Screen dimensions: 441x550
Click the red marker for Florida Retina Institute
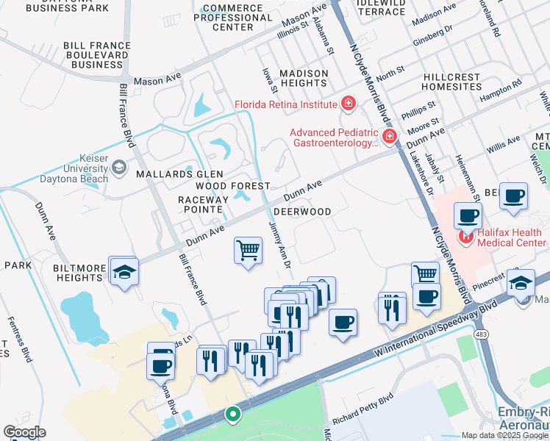(x=347, y=104)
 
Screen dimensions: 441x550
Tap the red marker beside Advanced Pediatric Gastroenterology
(x=389, y=136)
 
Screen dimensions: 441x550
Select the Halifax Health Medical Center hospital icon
(x=464, y=236)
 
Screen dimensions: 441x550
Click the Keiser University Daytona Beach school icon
(x=118, y=167)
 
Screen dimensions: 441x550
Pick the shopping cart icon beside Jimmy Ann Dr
(x=249, y=250)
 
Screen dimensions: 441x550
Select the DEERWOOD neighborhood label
(x=301, y=212)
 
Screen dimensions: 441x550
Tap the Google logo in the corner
(x=24, y=432)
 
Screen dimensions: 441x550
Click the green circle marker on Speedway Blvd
(x=233, y=415)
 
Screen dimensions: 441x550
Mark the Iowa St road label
(x=270, y=81)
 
